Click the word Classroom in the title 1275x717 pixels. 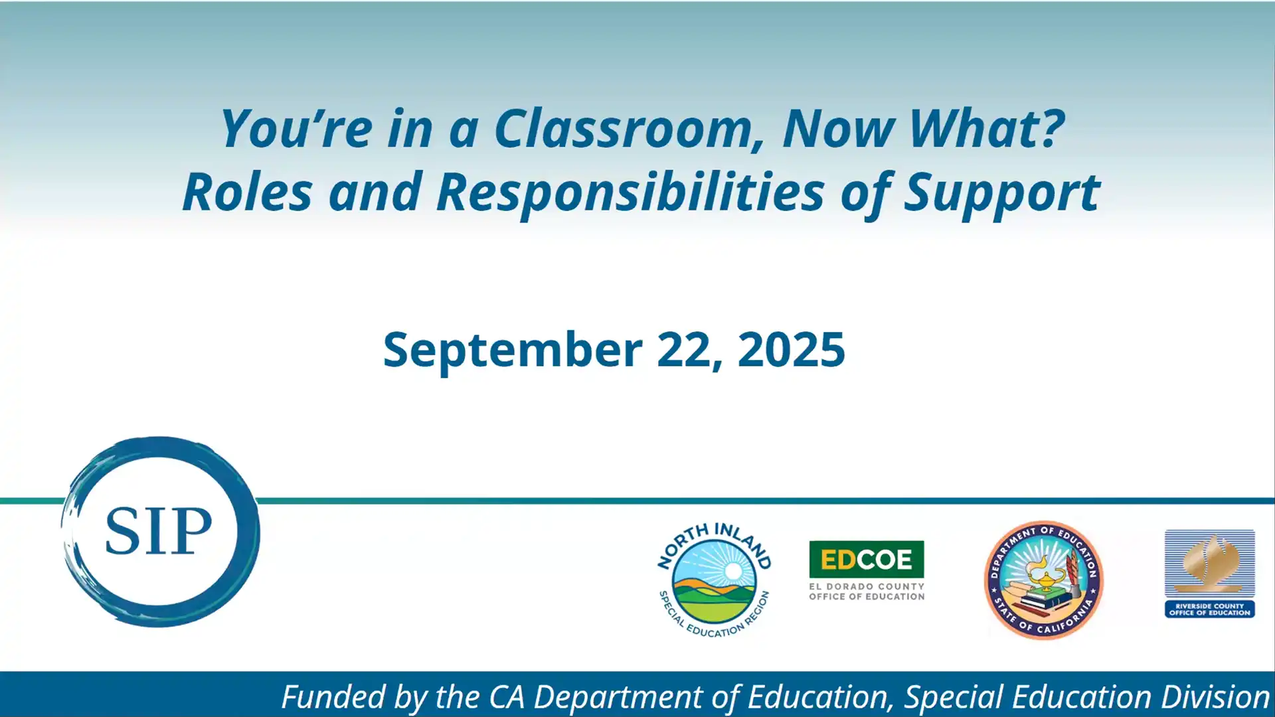[x=623, y=129]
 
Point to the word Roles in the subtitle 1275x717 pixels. [x=247, y=193]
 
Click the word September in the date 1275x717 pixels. [x=512, y=350]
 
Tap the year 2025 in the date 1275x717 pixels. [x=791, y=350]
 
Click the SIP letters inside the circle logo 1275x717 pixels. [x=158, y=531]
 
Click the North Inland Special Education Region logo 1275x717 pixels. [x=714, y=580]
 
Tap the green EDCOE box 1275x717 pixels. [x=866, y=559]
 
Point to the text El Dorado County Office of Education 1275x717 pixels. [x=866, y=592]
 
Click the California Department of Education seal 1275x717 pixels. [x=1043, y=580]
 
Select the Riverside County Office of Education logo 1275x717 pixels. [x=1209, y=574]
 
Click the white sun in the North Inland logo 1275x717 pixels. [x=733, y=571]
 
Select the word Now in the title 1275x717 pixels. [x=838, y=129]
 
